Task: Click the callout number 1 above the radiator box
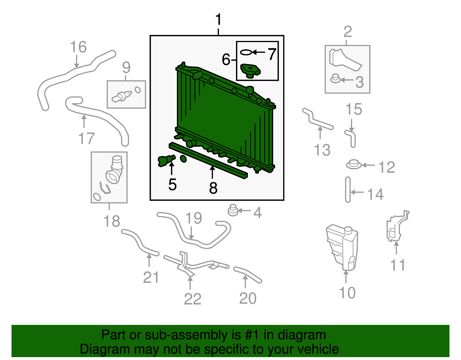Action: (218, 20)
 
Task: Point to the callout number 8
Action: (213, 188)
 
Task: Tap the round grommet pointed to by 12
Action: (353, 165)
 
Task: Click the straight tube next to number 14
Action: (348, 190)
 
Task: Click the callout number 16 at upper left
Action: (78, 47)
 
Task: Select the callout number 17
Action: (86, 138)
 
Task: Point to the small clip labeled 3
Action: (335, 79)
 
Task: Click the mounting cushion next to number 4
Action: (233, 210)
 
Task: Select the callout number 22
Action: (192, 299)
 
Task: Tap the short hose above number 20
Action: (247, 274)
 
